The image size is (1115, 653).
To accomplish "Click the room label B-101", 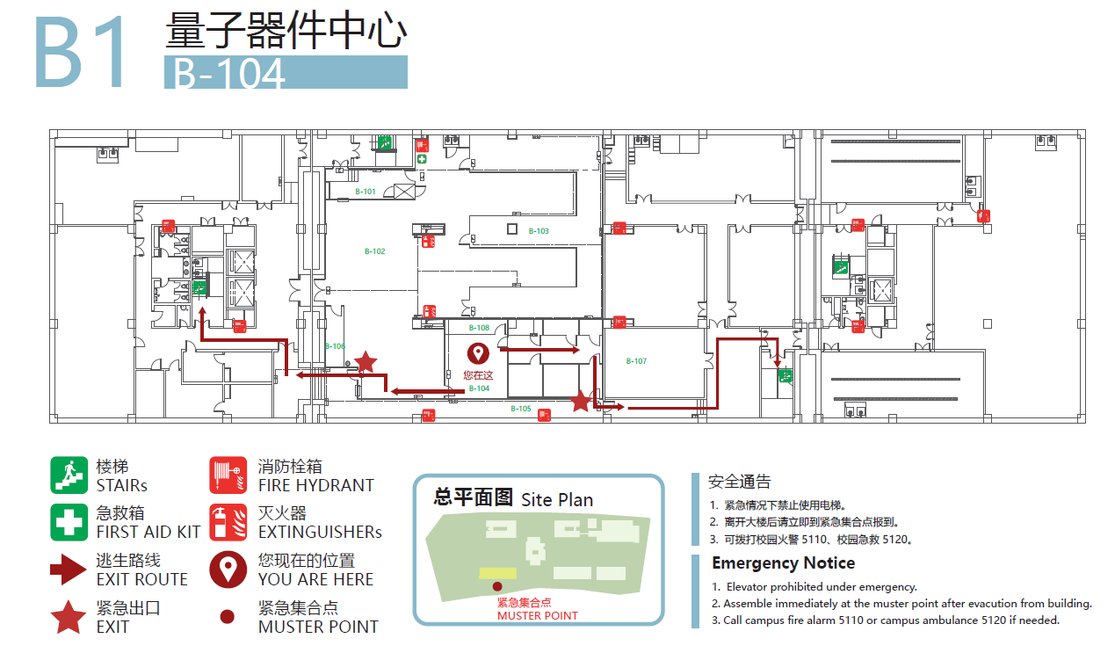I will pyautogui.click(x=366, y=192).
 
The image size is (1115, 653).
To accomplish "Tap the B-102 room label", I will pyautogui.click(x=375, y=251).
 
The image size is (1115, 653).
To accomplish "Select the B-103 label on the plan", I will pyautogui.click(x=539, y=231).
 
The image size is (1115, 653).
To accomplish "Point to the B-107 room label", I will pyautogui.click(x=636, y=361).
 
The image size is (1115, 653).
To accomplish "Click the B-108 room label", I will pyautogui.click(x=479, y=328).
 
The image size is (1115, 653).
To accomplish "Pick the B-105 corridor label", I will pyautogui.click(x=521, y=409).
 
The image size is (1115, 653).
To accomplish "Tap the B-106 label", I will pyautogui.click(x=335, y=346).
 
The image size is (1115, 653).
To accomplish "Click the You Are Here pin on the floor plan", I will pyautogui.click(x=478, y=353).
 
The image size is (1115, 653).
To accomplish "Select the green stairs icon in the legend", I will pyautogui.click(x=69, y=475).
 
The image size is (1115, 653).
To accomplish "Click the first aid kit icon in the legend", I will pyautogui.click(x=69, y=522).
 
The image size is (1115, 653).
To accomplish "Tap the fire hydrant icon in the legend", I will pyautogui.click(x=228, y=475).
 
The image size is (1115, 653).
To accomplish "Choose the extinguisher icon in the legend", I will pyautogui.click(x=228, y=522).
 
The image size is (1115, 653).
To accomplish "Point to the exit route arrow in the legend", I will pyautogui.click(x=69, y=570).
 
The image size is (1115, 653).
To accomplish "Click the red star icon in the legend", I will pyautogui.click(x=69, y=617).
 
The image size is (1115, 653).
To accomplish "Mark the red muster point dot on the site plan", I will pyautogui.click(x=497, y=586).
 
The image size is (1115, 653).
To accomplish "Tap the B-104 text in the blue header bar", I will pyautogui.click(x=229, y=74).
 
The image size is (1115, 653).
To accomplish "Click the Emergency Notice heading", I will pyautogui.click(x=783, y=563).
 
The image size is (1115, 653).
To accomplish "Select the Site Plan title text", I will pyautogui.click(x=557, y=499).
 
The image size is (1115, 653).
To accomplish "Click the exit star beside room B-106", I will pyautogui.click(x=366, y=361).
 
